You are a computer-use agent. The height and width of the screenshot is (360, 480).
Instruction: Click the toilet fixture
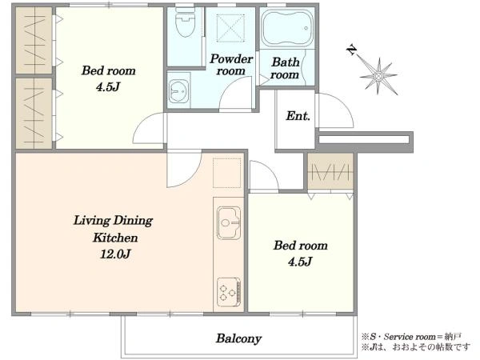(x=186, y=22)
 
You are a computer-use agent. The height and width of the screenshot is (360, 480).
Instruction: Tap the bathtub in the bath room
(x=287, y=28)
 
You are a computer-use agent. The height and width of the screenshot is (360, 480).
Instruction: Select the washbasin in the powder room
(x=178, y=91)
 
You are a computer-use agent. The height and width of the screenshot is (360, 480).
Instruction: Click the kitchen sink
(x=229, y=222)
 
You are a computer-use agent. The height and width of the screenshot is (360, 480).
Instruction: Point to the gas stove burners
(x=229, y=292)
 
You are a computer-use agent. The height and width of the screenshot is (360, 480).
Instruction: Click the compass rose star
(x=379, y=76)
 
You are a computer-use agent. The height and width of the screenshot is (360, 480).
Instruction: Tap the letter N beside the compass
(x=352, y=50)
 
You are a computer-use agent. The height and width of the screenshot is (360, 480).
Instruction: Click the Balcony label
(x=238, y=338)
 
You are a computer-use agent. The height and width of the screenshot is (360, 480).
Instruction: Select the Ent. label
(x=298, y=116)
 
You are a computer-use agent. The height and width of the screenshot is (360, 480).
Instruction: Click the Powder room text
(x=231, y=65)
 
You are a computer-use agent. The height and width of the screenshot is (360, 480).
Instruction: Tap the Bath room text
(x=285, y=68)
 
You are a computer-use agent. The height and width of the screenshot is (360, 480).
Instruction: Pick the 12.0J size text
(x=115, y=254)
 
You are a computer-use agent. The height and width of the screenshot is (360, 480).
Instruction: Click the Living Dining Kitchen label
(x=114, y=229)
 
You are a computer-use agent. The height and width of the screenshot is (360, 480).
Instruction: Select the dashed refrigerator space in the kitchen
(x=227, y=173)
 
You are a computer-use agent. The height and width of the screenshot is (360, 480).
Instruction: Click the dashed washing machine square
(x=230, y=27)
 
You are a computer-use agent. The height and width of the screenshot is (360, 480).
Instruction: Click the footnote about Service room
(x=411, y=337)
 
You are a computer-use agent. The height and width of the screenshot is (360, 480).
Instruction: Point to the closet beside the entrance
(x=330, y=171)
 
